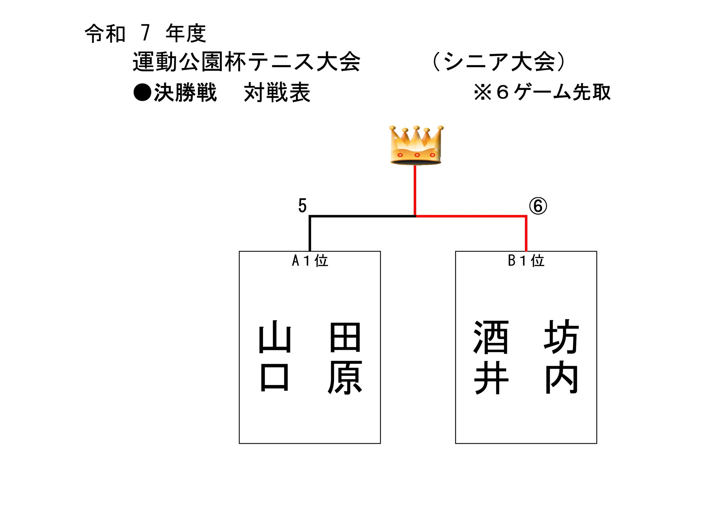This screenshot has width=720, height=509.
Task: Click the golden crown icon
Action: (416, 145)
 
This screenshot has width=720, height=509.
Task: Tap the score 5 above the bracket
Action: (302, 206)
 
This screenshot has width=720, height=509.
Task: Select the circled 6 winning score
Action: (538, 206)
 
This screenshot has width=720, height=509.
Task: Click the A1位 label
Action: (310, 261)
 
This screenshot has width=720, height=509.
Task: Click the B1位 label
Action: (526, 261)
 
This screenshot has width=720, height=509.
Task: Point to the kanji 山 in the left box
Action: (275, 339)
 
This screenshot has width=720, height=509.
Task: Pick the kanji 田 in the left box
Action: (345, 338)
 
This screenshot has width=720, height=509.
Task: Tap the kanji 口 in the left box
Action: (274, 377)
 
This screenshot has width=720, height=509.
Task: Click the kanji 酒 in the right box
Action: (491, 337)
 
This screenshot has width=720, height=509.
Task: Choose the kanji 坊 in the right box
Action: (561, 337)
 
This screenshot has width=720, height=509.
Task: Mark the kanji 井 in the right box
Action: (491, 378)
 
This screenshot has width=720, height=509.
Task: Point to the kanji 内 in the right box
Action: (561, 377)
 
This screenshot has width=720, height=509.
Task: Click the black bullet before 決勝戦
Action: (142, 92)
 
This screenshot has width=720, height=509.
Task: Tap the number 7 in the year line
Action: (145, 33)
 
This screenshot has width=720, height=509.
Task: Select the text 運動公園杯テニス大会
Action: (246, 62)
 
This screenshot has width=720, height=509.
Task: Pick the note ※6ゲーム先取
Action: (542, 92)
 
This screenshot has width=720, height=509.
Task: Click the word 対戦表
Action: (277, 92)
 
